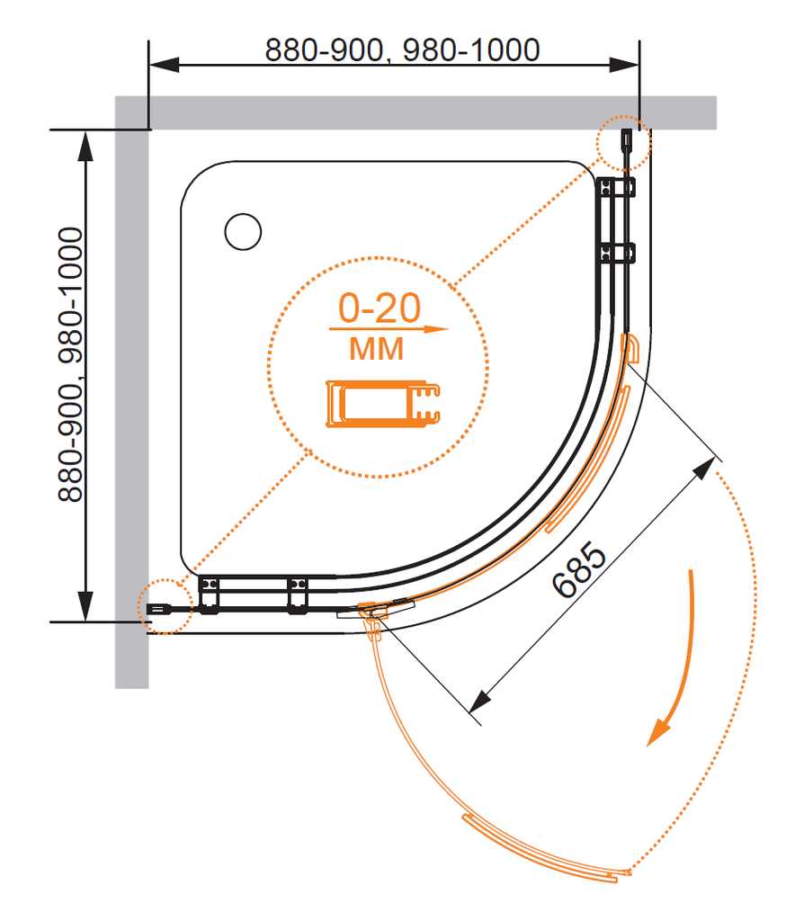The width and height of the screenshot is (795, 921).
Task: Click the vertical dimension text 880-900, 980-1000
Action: pyautogui.click(x=70, y=363)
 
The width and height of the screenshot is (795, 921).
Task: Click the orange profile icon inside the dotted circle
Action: pyautogui.click(x=383, y=403)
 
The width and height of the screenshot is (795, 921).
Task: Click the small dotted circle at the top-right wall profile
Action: pyautogui.click(x=622, y=143)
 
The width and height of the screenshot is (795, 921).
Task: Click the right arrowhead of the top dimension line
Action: pyautogui.click(x=625, y=65)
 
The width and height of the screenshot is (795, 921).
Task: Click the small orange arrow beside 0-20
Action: pyautogui.click(x=435, y=329)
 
